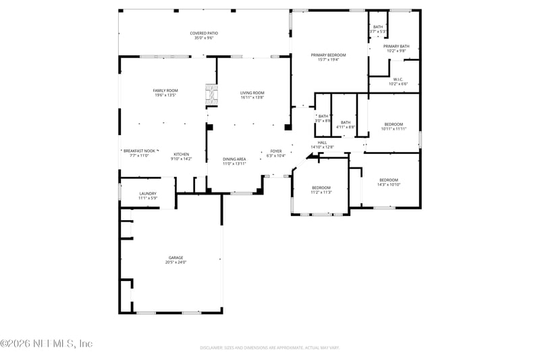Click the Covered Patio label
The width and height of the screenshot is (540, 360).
204,32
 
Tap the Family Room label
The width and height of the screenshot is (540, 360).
165,91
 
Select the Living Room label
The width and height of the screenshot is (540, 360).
252,93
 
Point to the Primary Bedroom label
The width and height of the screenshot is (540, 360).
328,55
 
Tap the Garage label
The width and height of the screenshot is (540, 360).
176,257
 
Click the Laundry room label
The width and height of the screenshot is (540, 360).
148,193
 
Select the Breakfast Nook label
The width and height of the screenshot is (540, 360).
140,151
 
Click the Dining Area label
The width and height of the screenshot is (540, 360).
234,159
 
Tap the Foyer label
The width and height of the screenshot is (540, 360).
276,151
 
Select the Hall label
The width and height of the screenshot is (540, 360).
323,143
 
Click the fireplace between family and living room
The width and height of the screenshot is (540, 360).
212,95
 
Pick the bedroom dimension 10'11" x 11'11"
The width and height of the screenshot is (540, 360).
394,128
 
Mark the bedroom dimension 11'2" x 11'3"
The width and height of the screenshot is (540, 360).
321,192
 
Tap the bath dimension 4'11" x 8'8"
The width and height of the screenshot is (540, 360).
346,127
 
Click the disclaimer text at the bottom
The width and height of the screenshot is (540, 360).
269,347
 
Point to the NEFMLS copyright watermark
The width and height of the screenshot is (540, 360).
46,344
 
